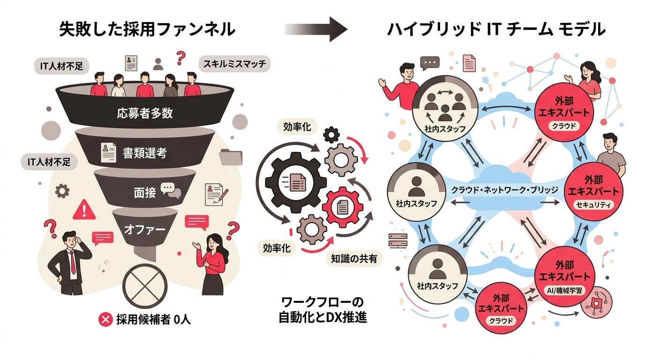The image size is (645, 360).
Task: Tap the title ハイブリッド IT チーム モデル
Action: pyautogui.click(x=496, y=30)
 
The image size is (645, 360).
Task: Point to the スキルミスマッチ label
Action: pyautogui.click(x=234, y=64)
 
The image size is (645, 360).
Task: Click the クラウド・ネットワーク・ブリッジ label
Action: pyautogui.click(x=504, y=190)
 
